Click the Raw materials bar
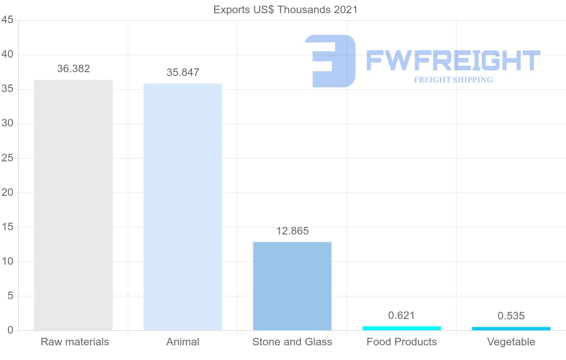tap(74, 205)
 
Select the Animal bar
tap(183, 207)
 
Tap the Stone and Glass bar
tap(292, 286)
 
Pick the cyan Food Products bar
tap(402, 328)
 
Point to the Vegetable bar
tap(511, 328)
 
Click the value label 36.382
tap(74, 69)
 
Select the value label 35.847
tap(183, 73)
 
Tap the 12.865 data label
tap(292, 231)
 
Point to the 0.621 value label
tap(402, 316)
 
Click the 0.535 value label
tap(511, 316)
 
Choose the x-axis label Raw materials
tap(75, 342)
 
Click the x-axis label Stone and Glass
tap(292, 342)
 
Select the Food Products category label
tap(402, 342)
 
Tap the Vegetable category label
tap(511, 342)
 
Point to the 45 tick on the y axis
tap(7, 20)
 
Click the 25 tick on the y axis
tap(7, 158)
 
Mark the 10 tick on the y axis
tap(7, 261)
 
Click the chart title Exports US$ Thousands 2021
tap(285, 9)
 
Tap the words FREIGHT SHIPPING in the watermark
tap(453, 80)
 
